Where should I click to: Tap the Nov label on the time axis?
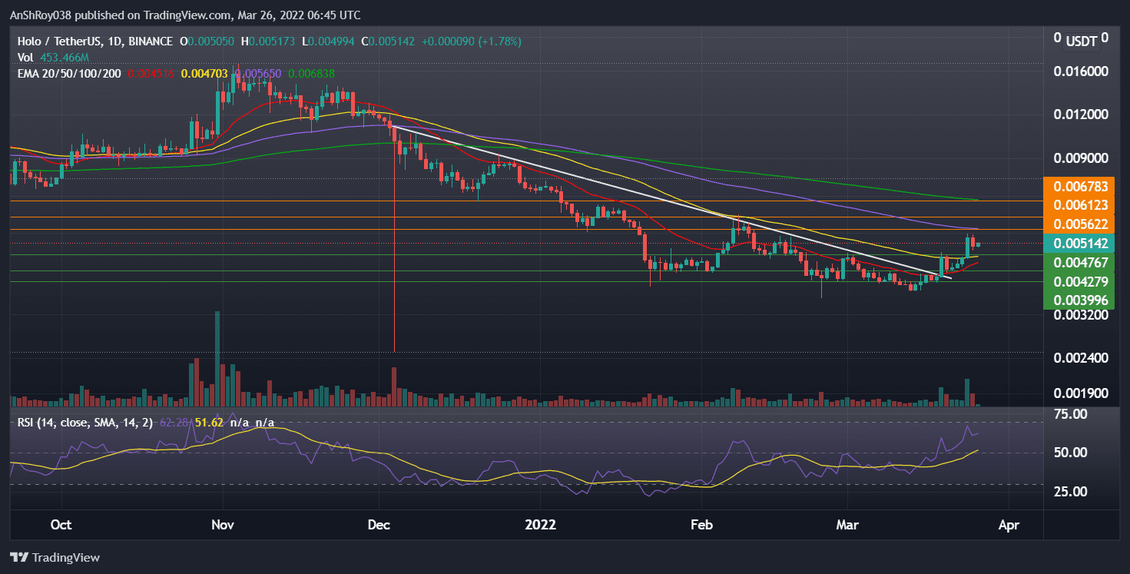point(222,526)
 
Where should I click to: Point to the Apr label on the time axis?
point(1008,526)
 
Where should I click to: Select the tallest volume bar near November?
point(217,359)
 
